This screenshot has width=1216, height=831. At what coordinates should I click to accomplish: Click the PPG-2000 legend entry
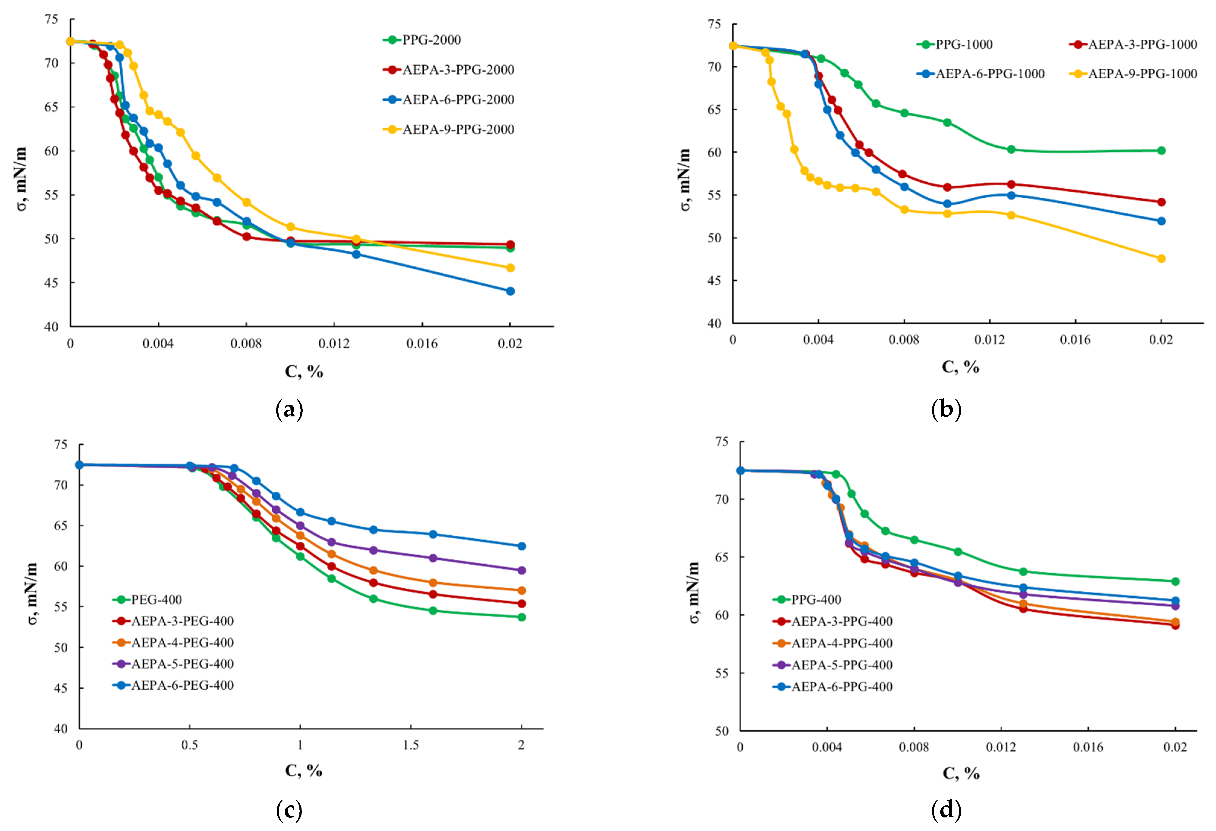click(422, 40)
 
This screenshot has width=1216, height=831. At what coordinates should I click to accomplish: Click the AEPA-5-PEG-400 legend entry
click(173, 664)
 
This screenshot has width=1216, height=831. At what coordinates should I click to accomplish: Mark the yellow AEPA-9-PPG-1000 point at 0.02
click(1161, 258)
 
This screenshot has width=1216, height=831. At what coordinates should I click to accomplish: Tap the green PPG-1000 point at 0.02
click(1161, 151)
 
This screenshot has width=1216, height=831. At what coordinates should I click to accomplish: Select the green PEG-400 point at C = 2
click(521, 617)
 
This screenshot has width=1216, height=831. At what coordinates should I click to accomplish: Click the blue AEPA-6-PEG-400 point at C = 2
click(521, 546)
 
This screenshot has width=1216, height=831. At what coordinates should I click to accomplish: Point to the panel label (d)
click(946, 810)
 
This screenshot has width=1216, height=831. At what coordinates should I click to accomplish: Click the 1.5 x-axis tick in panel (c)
click(411, 745)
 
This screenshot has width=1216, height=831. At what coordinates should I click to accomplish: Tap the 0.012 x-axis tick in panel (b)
click(990, 340)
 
